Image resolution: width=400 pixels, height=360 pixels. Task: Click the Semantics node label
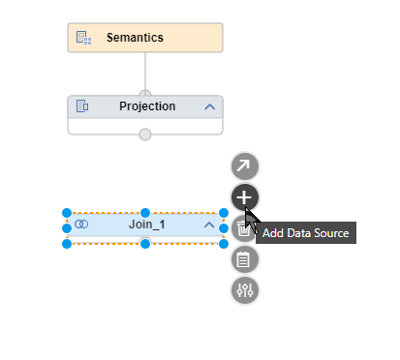pyautogui.click(x=136, y=39)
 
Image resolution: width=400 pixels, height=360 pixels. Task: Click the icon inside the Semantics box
pyautogui.click(x=83, y=39)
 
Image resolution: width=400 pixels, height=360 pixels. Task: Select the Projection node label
pyautogui.click(x=147, y=106)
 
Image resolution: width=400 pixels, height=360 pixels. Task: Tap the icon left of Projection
pyautogui.click(x=83, y=106)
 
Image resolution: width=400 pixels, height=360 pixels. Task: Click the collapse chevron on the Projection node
pyautogui.click(x=209, y=106)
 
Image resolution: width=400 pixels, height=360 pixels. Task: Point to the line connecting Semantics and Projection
pyautogui.click(x=145, y=72)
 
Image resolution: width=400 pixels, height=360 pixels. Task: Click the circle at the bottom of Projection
pyautogui.click(x=145, y=134)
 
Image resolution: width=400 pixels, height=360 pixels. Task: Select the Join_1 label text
pyautogui.click(x=147, y=225)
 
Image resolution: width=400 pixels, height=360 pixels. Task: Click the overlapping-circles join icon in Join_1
pyautogui.click(x=82, y=225)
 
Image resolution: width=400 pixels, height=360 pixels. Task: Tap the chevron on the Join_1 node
pyautogui.click(x=209, y=225)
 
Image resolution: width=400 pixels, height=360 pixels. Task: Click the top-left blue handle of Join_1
pyautogui.click(x=67, y=212)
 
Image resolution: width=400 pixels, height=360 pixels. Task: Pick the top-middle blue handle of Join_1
pyautogui.click(x=145, y=212)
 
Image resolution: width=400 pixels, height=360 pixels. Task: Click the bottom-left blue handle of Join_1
pyautogui.click(x=67, y=243)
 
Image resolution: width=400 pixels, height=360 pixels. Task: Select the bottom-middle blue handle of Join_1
pyautogui.click(x=145, y=243)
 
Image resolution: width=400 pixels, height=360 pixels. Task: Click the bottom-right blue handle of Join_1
pyautogui.click(x=224, y=243)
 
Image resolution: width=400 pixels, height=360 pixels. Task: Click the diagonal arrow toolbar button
pyautogui.click(x=245, y=166)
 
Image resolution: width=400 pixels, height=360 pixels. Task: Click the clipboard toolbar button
pyautogui.click(x=245, y=258)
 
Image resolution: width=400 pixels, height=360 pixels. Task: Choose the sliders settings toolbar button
pyautogui.click(x=245, y=289)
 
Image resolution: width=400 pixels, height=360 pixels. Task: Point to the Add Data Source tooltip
pyautogui.click(x=305, y=233)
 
